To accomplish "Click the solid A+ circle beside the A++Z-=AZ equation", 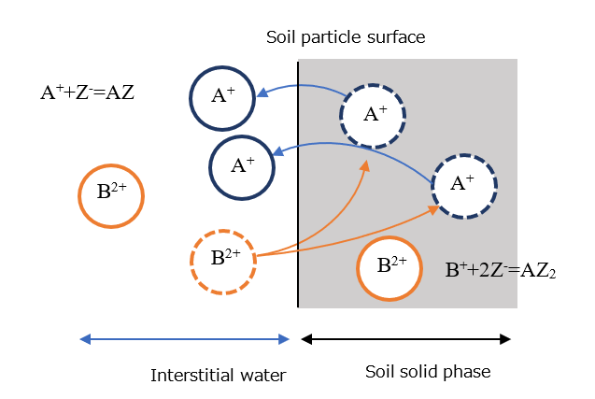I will tap(222, 97).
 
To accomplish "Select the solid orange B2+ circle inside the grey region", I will tap(390, 265).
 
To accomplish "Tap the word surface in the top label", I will tap(397, 38).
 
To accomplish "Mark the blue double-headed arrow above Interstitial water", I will tap(185, 339).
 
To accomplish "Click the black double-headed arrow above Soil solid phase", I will tap(406, 339).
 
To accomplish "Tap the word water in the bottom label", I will tap(262, 376).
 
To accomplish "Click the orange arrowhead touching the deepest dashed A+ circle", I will tap(437, 209).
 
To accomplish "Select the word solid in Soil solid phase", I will tap(422, 372).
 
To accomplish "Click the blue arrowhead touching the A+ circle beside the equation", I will tap(261, 93).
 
